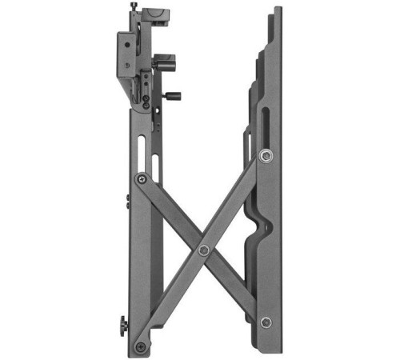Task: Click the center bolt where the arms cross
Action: [204, 250]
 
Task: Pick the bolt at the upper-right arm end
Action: [265, 155]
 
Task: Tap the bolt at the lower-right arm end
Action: [266, 322]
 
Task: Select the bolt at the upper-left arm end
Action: [142, 178]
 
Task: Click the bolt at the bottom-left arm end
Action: [142, 347]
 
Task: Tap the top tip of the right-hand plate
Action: [277, 10]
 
